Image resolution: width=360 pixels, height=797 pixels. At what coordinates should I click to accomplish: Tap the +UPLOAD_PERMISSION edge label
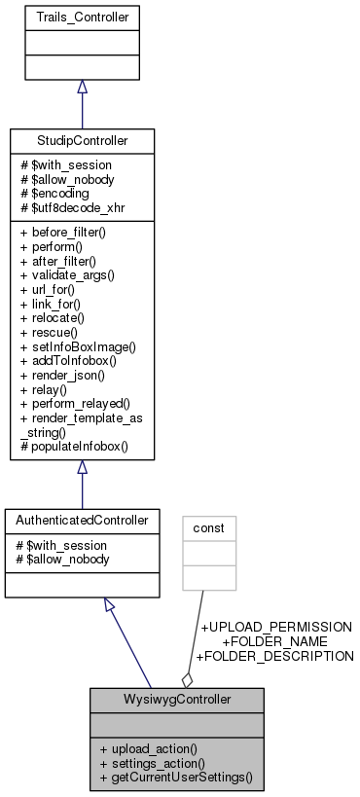[276, 628]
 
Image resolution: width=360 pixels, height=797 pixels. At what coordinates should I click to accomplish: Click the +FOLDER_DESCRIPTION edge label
[275, 656]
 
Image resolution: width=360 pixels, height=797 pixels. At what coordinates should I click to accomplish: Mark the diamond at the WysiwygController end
[187, 677]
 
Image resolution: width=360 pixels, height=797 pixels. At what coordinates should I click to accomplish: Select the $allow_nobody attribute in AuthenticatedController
[58, 559]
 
